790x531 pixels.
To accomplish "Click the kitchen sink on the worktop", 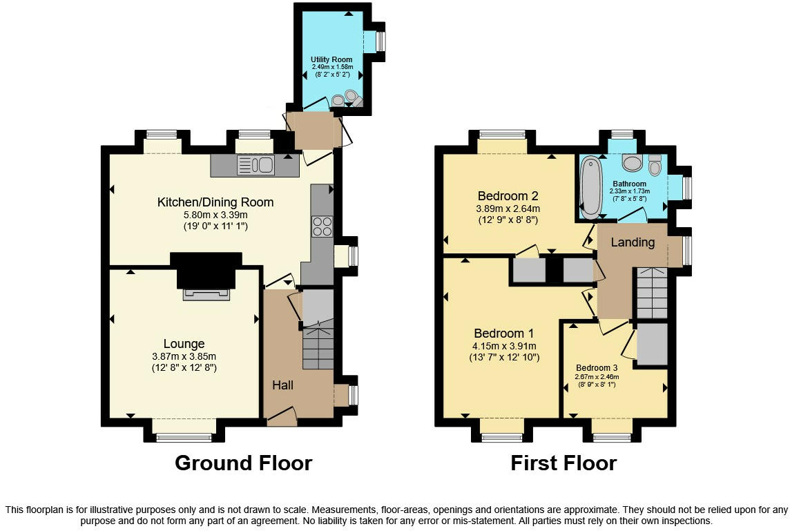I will coord(256,164).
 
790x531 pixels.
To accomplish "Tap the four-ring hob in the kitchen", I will coord(322,226).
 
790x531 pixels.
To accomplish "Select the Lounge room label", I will coord(184,344).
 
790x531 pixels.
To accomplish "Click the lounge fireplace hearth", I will coord(205,295).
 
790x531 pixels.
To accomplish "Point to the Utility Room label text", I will coord(331,59).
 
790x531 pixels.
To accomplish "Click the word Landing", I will coord(633,242).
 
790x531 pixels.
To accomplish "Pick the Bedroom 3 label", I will coord(597,367).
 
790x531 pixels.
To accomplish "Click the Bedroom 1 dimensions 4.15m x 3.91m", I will coord(503,346).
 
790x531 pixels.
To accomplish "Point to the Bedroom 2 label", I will coord(508,195).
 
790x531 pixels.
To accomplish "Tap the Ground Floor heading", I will coord(243,463).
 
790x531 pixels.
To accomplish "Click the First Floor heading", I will coord(563,463).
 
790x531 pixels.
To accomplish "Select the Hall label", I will coord(282,385).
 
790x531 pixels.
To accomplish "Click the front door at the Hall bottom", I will coord(282,416).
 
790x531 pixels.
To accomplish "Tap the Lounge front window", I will coord(184,436).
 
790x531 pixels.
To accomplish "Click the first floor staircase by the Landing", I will coord(651,293).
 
